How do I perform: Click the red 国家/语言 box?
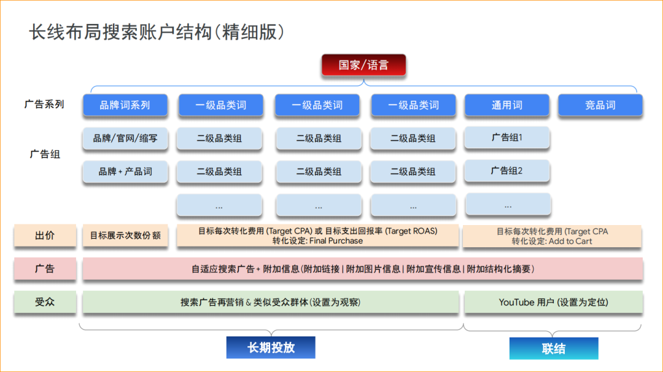[363, 65]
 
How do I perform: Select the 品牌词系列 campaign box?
[125, 105]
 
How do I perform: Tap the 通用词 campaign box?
[506, 105]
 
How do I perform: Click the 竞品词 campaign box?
[600, 105]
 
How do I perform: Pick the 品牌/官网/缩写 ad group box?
[125, 138]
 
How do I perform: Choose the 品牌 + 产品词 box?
[125, 172]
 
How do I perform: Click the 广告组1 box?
[507, 138]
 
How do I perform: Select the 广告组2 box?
[507, 170]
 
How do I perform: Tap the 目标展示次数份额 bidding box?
[125, 235]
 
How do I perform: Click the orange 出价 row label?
[45, 235]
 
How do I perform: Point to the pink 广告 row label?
[45, 269]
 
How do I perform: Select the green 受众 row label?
[45, 302]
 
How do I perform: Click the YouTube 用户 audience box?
[553, 302]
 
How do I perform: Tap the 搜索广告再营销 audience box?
[270, 302]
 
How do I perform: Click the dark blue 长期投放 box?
[271, 347]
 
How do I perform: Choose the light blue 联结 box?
[553, 349]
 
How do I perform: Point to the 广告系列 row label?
[44, 105]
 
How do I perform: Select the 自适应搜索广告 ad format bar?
[362, 269]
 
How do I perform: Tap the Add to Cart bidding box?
[552, 236]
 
